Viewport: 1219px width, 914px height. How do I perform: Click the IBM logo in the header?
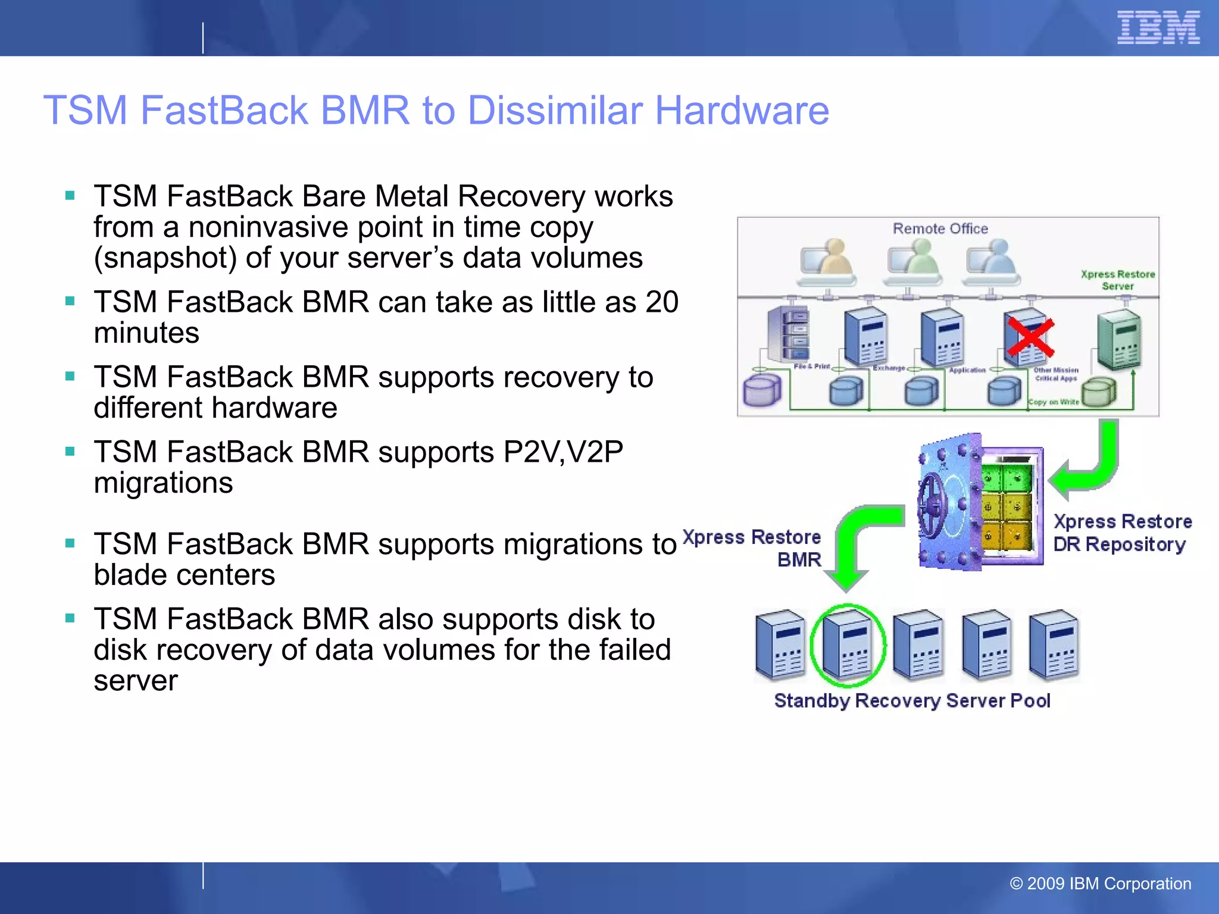1158,27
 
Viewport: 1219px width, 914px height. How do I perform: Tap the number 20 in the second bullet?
661,302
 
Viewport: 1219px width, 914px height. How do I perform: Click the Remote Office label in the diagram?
940,229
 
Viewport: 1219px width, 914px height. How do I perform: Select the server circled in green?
848,646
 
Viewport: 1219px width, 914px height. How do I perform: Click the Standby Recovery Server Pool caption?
912,701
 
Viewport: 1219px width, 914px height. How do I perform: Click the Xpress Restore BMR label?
753,548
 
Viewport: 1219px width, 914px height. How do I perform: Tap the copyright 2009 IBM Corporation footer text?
1100,884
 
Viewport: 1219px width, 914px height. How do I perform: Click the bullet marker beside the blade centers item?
70,543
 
